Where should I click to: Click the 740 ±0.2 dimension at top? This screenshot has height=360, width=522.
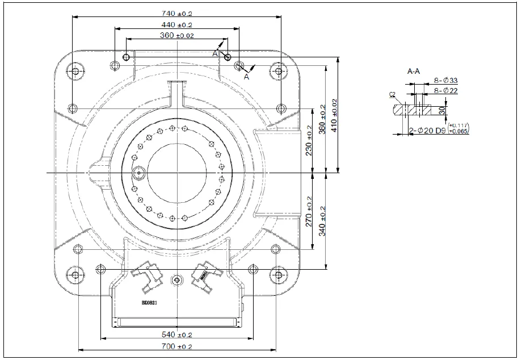pos(177,12)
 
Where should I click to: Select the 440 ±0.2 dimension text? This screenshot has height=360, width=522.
pos(177,24)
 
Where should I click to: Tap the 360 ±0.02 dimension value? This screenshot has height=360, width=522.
pos(177,35)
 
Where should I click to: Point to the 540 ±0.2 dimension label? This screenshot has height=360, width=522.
pos(177,334)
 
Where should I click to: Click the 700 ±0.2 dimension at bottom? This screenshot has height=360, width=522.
pos(177,346)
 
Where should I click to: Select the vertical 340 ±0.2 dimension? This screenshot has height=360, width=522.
pos(323,221)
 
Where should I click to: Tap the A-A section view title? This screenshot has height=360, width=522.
pos(414,72)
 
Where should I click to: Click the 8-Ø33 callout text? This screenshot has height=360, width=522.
pos(445,81)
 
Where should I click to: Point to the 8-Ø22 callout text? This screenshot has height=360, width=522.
pos(445,90)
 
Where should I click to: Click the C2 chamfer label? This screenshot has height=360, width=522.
pos(392,95)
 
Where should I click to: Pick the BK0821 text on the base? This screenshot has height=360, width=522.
pos(149,303)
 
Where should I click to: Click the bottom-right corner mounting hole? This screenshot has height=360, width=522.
pos(277,275)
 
